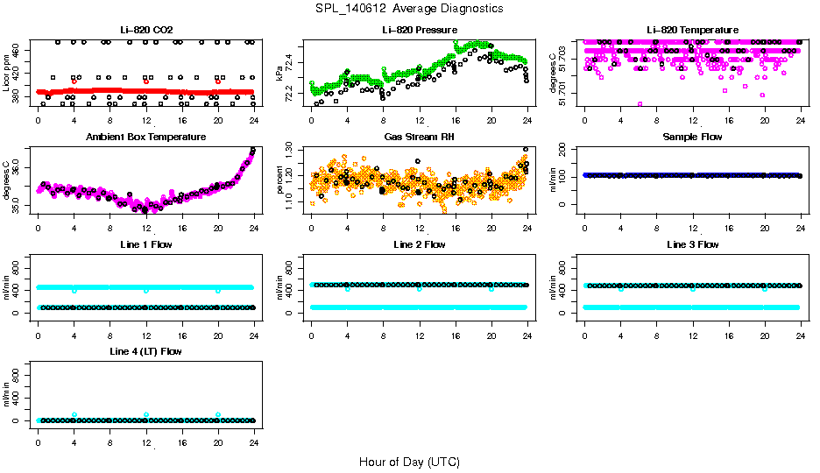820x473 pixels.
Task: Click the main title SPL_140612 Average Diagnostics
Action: pos(410,8)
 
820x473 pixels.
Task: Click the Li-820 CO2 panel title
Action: pos(145,31)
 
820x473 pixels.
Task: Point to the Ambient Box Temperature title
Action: pos(145,138)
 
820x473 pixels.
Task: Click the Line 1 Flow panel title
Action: pos(145,244)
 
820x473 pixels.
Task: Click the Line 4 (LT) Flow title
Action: pos(145,351)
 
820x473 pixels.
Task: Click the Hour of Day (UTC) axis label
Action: pos(409,462)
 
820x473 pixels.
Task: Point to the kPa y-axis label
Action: pos(279,73)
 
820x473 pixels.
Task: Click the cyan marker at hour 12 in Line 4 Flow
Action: pos(146,414)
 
